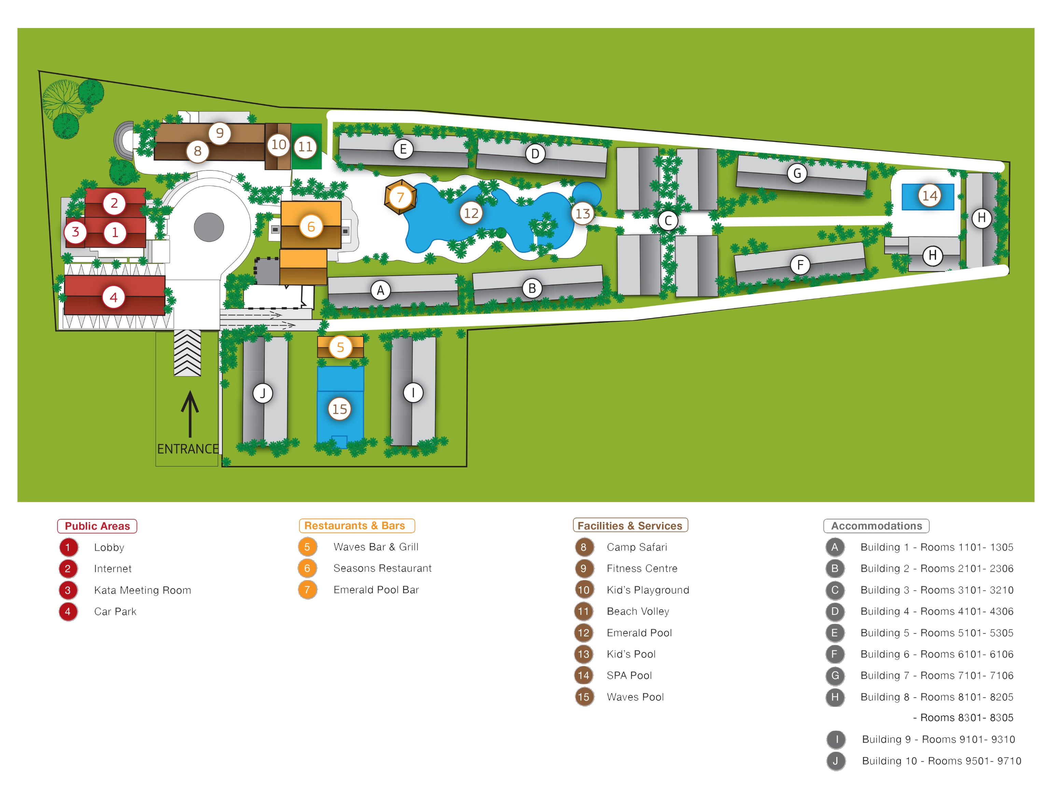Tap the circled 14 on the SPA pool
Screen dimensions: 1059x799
929,195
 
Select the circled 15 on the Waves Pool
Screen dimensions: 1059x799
339,409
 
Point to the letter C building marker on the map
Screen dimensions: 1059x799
668,221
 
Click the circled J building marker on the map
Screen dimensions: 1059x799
262,393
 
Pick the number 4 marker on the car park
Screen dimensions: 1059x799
113,298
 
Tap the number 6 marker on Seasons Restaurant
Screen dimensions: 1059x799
311,226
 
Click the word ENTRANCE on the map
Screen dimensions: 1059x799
188,449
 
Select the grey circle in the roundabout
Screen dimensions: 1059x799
209,227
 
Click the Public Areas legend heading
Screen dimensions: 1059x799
97,526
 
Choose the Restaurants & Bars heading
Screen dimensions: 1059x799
357,525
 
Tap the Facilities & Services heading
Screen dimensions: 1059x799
630,525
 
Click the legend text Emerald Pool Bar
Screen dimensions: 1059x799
376,590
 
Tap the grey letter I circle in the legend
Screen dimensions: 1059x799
836,740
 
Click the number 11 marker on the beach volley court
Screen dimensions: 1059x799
305,147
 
